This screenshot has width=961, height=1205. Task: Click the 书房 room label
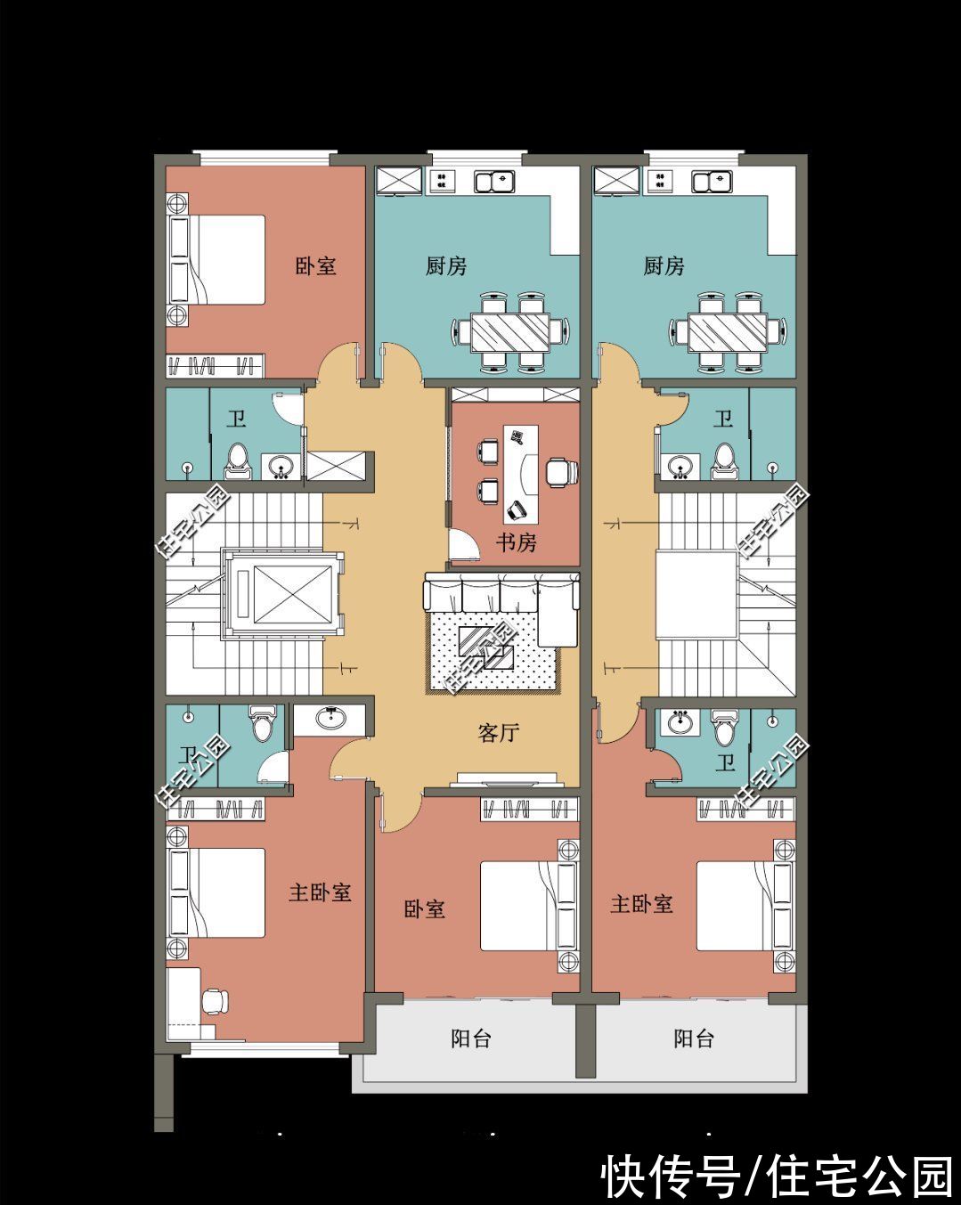516,542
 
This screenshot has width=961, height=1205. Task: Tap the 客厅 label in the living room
499,732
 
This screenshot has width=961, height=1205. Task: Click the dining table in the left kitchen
509,332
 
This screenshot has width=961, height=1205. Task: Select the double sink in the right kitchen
712,182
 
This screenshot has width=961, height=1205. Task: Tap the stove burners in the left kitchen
442,181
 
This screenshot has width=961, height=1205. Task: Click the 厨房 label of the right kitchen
664,266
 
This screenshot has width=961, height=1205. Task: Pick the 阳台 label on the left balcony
471,1038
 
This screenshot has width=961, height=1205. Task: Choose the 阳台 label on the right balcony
693,1038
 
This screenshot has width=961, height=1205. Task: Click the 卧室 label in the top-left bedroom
316,265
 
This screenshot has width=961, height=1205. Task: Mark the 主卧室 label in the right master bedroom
642,904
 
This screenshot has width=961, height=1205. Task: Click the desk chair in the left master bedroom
215,1001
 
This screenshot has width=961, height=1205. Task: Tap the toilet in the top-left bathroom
238,462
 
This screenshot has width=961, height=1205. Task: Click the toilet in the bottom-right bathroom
723,728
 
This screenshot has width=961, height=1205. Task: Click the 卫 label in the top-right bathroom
723,419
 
